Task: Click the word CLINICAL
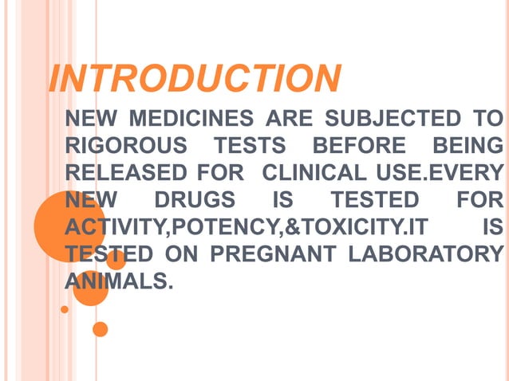tap(309, 173)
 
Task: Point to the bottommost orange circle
tap(100, 328)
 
